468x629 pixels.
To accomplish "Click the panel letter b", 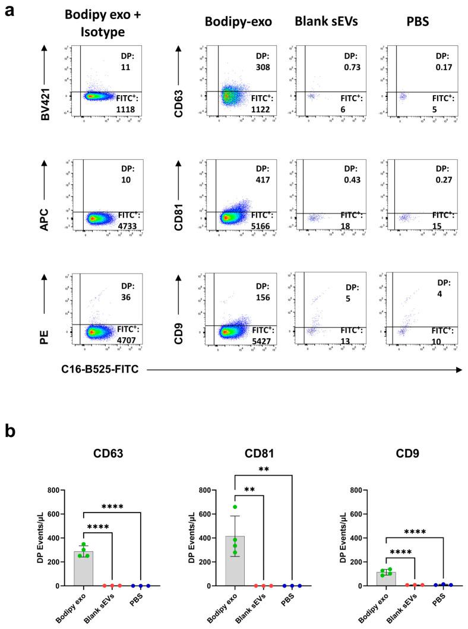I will (9, 430).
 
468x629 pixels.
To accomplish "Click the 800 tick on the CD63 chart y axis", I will (58, 490).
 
